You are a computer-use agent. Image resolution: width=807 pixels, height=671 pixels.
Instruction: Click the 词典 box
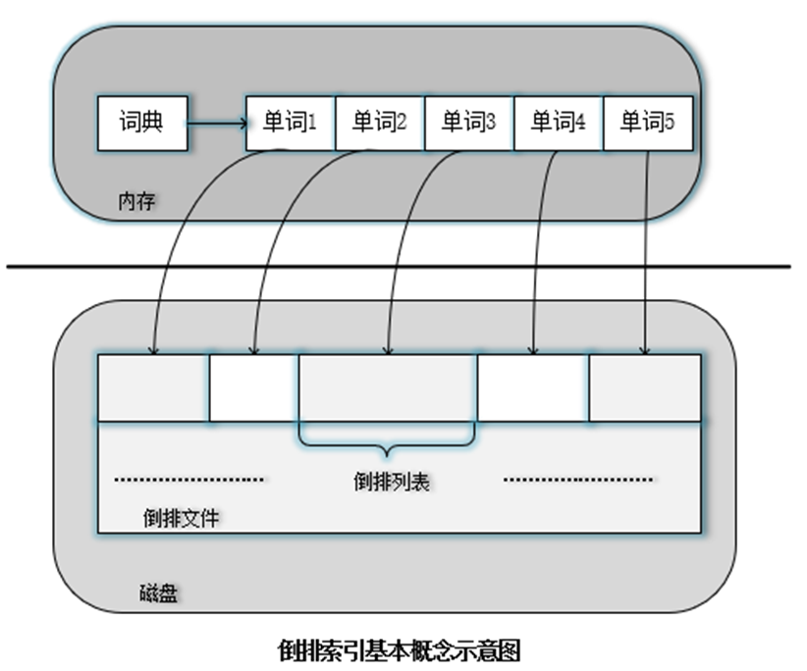coord(142,123)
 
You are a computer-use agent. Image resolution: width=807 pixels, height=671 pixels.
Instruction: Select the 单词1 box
coord(291,123)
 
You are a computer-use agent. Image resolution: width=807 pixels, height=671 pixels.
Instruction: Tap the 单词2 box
coord(380,123)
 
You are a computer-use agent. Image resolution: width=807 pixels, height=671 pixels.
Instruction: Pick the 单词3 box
coord(469,123)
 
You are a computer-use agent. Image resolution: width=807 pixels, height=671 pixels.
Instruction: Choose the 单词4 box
coord(559,123)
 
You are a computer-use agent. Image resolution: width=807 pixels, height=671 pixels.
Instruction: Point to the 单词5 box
coord(648,123)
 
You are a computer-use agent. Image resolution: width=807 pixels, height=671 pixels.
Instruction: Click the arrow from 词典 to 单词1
coord(216,124)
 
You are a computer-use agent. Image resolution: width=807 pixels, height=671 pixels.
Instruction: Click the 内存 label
coord(136,201)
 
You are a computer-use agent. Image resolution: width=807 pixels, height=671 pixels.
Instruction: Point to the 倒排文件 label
coord(181,517)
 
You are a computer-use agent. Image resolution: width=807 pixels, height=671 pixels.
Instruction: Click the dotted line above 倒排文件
coord(189,480)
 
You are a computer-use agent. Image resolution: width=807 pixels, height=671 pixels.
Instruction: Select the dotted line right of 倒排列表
coord(578,480)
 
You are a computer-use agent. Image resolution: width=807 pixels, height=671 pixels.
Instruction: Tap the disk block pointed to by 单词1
coord(153,387)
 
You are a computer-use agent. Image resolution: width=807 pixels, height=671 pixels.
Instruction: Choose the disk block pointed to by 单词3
coord(388,387)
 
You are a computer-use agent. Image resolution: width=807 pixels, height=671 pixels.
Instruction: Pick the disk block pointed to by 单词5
coord(645,387)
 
